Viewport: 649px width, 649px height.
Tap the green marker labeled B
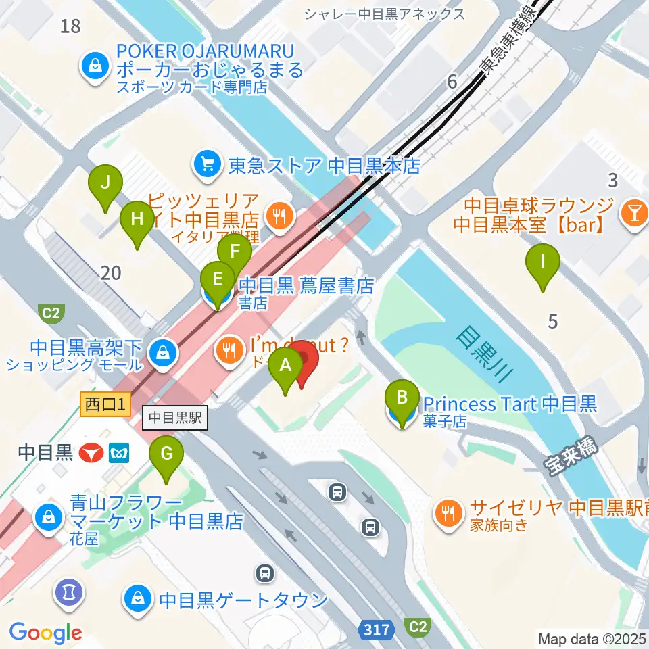pyautogui.click(x=402, y=404)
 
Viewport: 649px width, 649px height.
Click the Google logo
pyautogui.click(x=45, y=632)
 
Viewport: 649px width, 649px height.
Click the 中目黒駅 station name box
pyautogui.click(x=175, y=417)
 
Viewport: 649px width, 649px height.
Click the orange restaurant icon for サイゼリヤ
pyautogui.click(x=447, y=510)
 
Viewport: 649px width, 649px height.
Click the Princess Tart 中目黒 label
pyautogui.click(x=510, y=404)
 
